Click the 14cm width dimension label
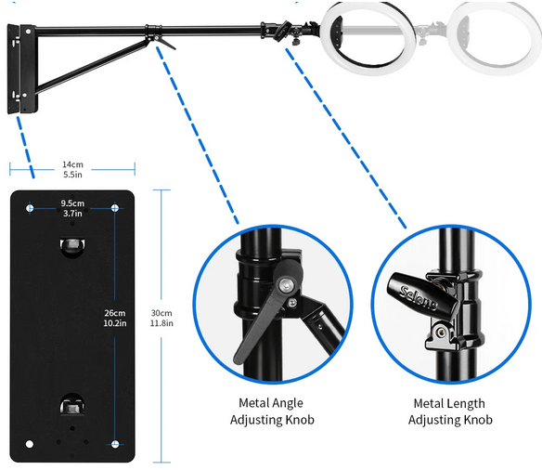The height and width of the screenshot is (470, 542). (x=72, y=169)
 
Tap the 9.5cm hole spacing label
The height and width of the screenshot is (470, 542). (x=72, y=208)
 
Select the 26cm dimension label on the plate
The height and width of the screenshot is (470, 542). (x=115, y=318)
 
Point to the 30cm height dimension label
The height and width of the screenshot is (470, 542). (x=161, y=318)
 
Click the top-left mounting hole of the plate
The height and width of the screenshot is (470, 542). (x=30, y=208)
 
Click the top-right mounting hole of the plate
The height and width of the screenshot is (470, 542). (x=115, y=208)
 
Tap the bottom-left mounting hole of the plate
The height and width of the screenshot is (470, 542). (x=30, y=444)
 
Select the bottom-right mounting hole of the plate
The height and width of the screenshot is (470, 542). (x=115, y=444)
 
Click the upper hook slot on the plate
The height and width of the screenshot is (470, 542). (x=72, y=247)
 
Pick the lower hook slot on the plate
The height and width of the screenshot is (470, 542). (x=72, y=404)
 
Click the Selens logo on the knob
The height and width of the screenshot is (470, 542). (x=419, y=297)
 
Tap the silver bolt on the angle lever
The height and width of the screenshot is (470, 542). (x=287, y=285)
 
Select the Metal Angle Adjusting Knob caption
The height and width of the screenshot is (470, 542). (x=272, y=411)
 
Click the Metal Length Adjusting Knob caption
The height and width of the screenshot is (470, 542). (x=450, y=411)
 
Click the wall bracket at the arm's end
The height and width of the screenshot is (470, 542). (x=22, y=69)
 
